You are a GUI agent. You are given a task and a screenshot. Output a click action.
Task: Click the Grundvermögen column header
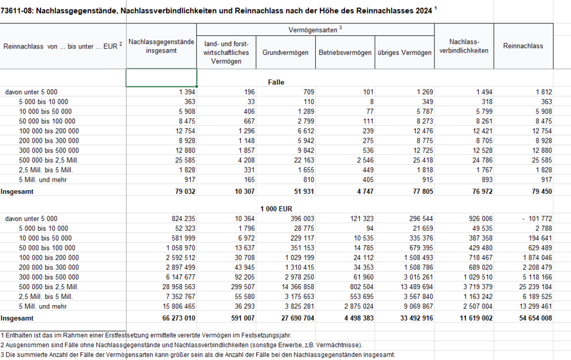285,53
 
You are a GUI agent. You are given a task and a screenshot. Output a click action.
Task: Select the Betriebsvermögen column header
345,53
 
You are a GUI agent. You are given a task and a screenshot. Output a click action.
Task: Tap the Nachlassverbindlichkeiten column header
464,46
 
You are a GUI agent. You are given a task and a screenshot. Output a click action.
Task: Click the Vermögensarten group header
315,29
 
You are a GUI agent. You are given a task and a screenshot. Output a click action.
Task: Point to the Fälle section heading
276,82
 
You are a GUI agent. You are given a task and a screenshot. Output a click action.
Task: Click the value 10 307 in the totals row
239,191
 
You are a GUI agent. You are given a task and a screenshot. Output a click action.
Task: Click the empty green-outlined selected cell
162,78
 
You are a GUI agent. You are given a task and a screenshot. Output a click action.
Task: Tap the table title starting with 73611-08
217,10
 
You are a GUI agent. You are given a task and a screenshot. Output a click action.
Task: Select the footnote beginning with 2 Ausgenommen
181,345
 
